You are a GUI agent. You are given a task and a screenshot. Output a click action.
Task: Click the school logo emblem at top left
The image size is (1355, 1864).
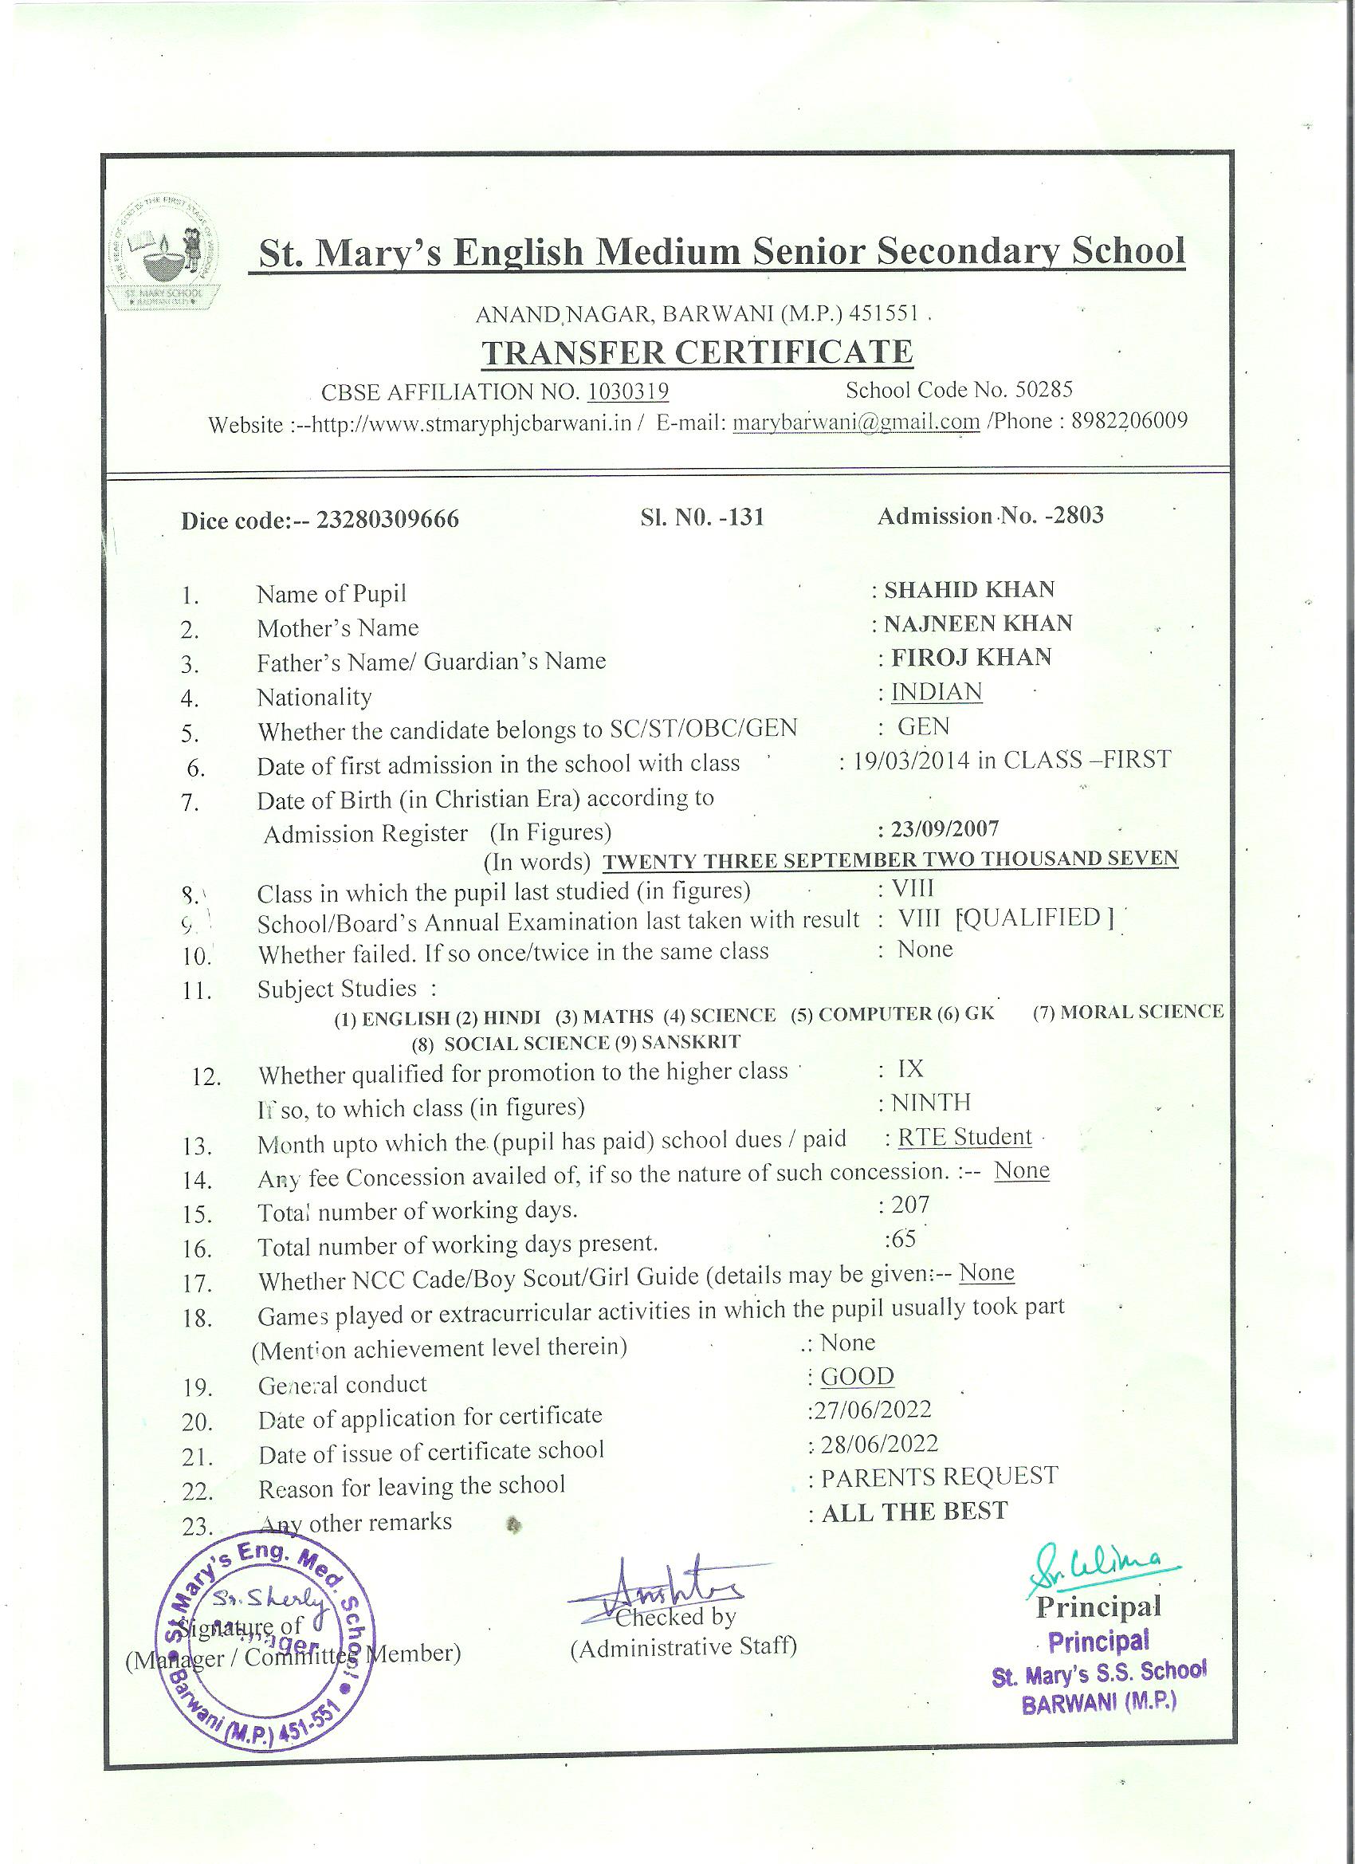click(x=169, y=254)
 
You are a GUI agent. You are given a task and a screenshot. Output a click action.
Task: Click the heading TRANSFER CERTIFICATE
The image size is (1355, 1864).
click(x=696, y=352)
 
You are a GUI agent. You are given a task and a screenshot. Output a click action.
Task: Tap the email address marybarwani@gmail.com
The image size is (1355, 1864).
click(x=855, y=422)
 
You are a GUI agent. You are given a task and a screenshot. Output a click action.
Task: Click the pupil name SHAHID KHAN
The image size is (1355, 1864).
click(x=968, y=589)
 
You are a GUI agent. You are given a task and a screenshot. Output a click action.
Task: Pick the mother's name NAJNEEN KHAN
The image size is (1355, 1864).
click(x=978, y=623)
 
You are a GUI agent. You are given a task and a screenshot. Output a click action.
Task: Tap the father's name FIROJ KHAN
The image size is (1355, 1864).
click(x=972, y=658)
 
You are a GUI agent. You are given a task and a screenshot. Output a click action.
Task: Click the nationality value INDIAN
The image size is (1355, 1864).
click(x=937, y=692)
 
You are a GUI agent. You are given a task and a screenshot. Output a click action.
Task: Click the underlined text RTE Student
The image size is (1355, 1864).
click(x=964, y=1137)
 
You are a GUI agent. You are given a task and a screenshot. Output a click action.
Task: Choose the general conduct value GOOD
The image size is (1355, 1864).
click(x=857, y=1376)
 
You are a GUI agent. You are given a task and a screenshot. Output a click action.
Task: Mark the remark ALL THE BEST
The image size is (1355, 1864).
click(x=913, y=1512)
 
